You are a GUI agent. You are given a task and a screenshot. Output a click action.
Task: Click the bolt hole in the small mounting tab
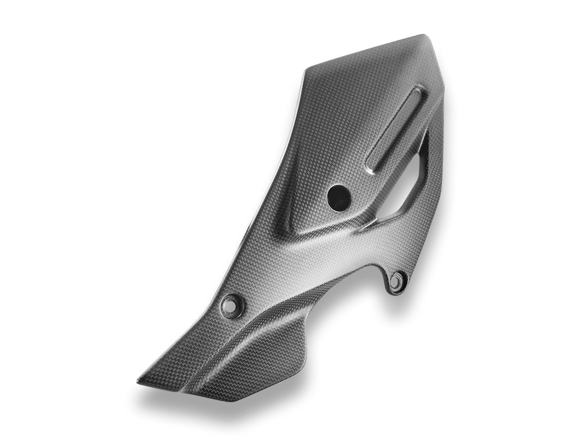[x=398, y=280]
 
